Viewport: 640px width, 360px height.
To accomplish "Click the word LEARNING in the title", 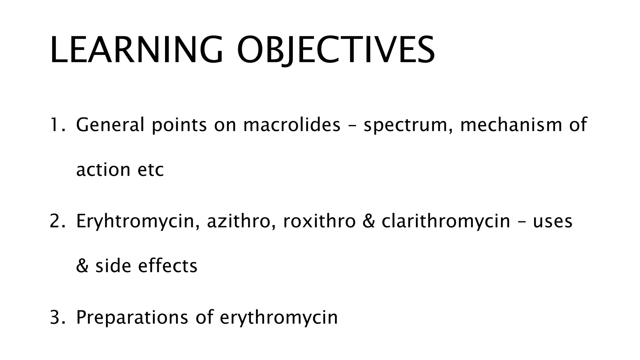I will [x=136, y=50].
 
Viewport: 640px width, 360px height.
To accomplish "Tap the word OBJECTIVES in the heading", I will [x=336, y=50].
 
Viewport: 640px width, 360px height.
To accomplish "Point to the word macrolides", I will [x=292, y=124].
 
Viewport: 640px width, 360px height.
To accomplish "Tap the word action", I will [x=103, y=170].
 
